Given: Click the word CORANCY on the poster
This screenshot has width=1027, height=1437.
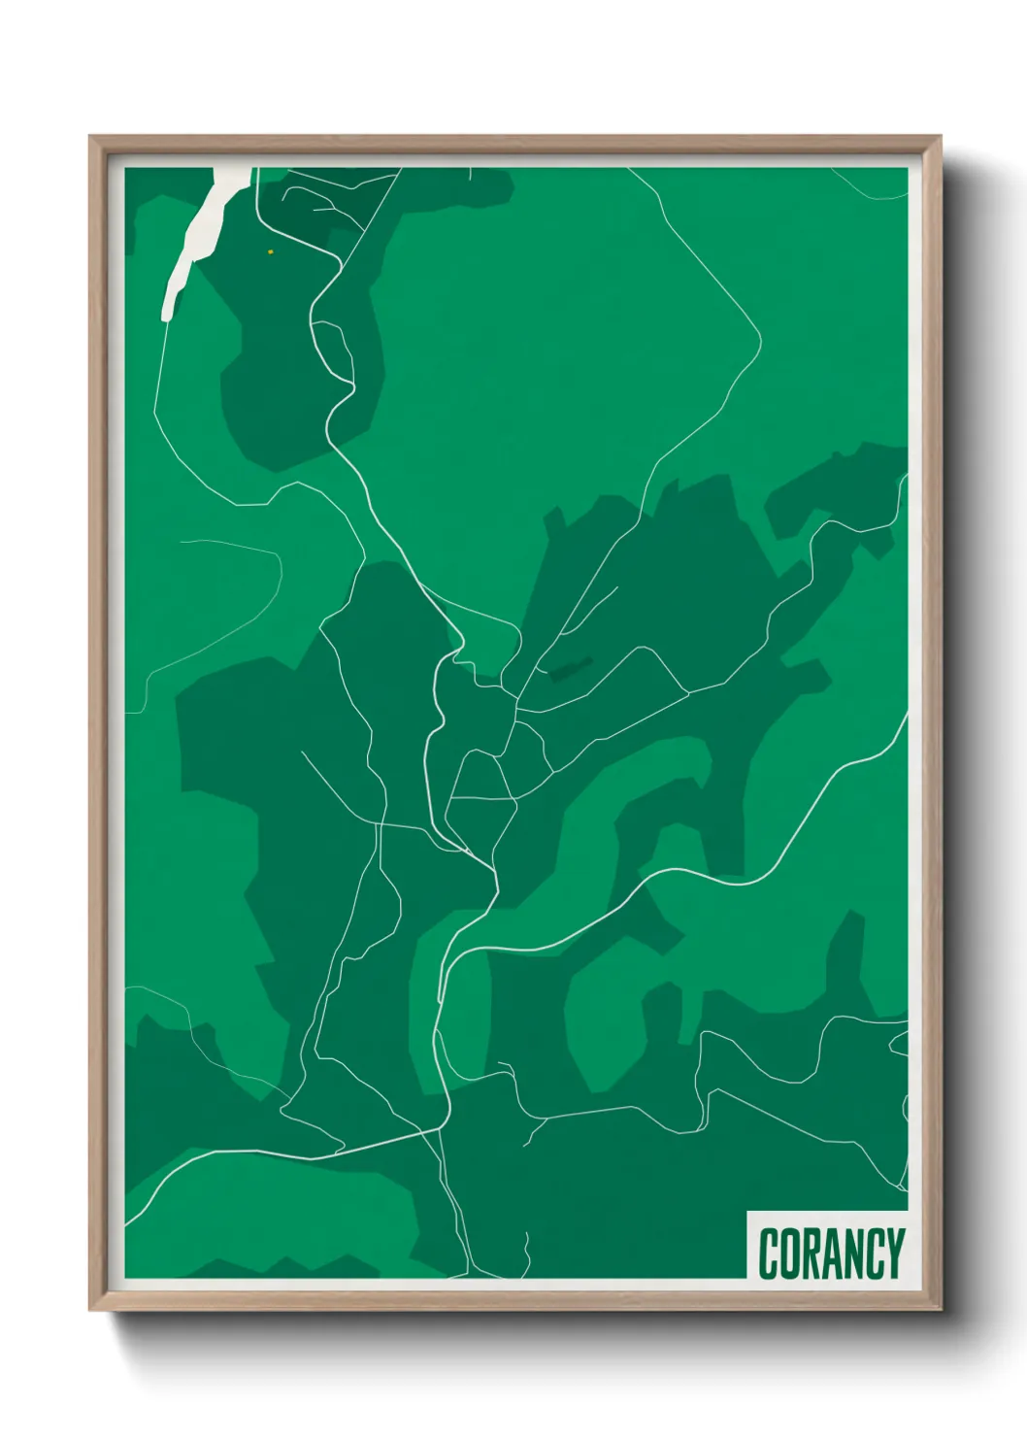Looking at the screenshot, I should (x=831, y=1253).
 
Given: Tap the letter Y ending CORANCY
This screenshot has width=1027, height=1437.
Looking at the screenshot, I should (x=895, y=1253).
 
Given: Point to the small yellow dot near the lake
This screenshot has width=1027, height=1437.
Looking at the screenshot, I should (x=271, y=251).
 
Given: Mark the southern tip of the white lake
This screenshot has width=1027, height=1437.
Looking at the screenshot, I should (x=167, y=316).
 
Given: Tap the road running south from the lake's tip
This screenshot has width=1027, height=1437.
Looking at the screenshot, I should (x=157, y=388).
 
